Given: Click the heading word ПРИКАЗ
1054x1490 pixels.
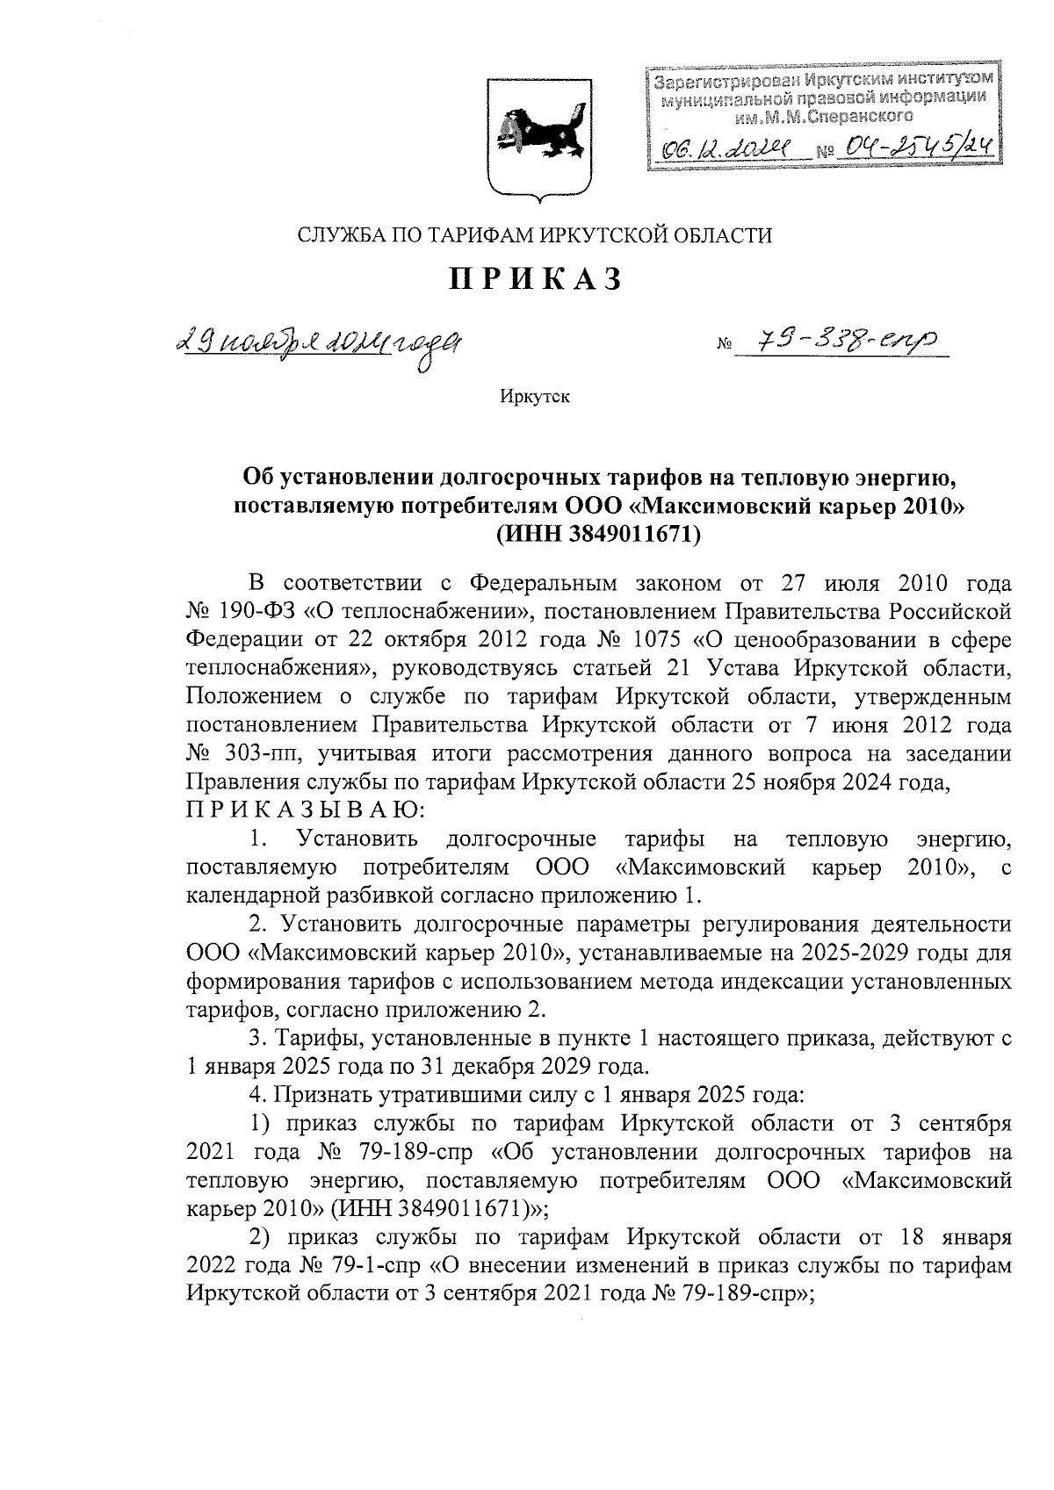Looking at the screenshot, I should (537, 280).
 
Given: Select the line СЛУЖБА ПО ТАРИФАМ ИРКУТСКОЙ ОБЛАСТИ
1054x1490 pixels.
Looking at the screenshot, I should (535, 234).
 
